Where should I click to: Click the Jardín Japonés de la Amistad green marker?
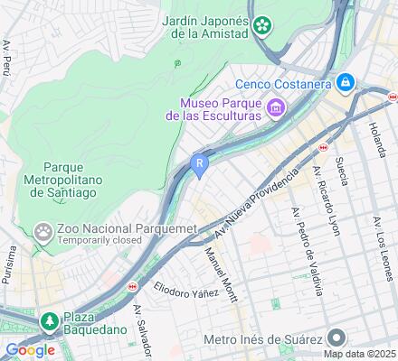click(x=263, y=26)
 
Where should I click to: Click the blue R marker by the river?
click(x=200, y=163)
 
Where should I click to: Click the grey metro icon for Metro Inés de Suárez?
click(x=337, y=338)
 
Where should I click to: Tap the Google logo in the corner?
click(x=30, y=350)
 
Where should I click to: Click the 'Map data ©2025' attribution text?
click(x=362, y=353)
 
